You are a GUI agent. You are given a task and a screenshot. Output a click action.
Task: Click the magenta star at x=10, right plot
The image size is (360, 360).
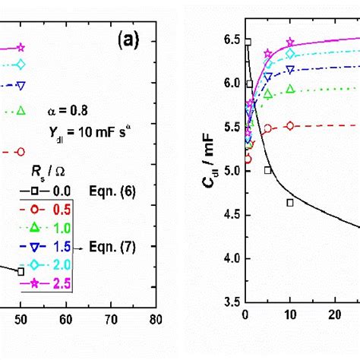pyautogui.click(x=290, y=43)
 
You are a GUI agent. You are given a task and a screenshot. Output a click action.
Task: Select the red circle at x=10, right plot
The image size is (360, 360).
pyautogui.click(x=290, y=126)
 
